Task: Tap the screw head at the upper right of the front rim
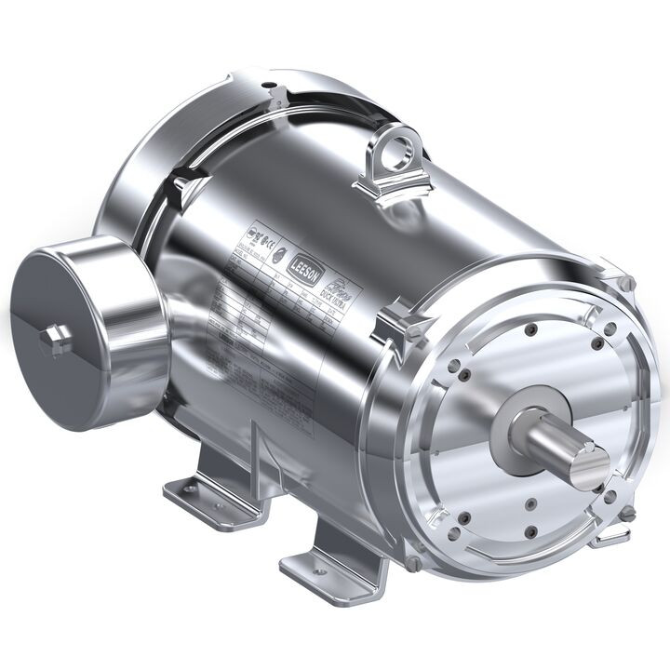pyautogui.click(x=626, y=283)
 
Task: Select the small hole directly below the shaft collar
pyautogui.click(x=528, y=503)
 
